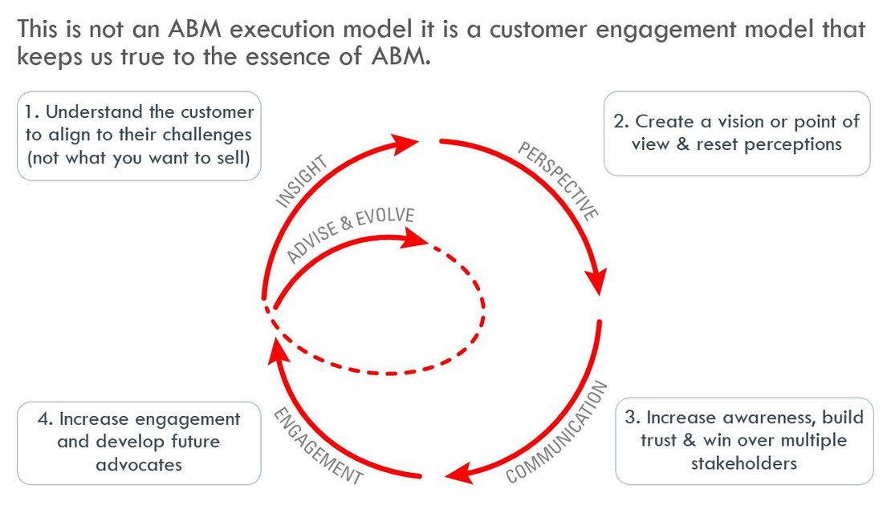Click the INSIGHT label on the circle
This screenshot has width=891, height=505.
click(302, 182)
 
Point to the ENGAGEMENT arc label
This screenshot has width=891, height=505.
click(318, 445)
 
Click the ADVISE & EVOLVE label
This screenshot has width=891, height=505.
click(351, 236)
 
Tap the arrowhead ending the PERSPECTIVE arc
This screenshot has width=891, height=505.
click(596, 281)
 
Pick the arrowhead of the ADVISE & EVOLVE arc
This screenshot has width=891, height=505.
click(414, 237)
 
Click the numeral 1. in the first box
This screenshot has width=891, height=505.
click(33, 112)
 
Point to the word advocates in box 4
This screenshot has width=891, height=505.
click(138, 465)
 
